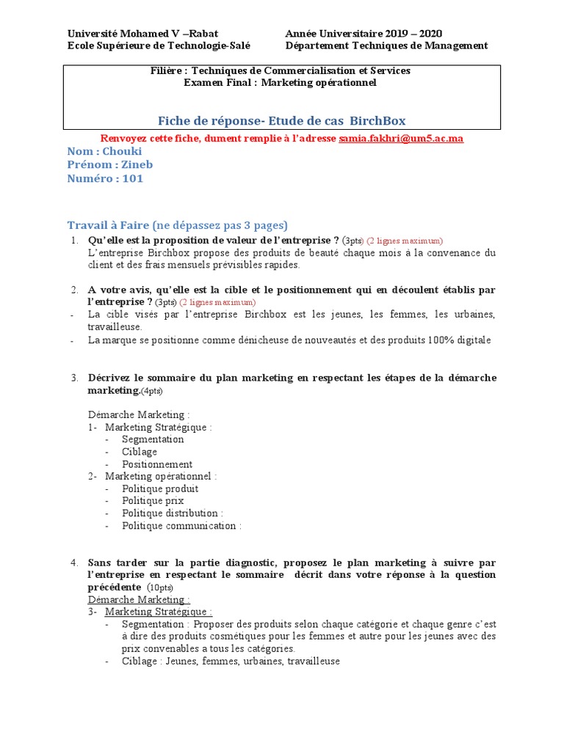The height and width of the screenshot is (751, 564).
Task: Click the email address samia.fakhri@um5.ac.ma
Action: coord(401,138)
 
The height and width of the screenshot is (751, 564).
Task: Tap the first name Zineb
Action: coord(137,164)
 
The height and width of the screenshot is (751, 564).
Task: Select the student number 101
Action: coord(133,178)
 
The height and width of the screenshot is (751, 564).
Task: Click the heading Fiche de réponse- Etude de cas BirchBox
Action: coord(282,120)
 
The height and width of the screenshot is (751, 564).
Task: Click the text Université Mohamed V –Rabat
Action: coord(142,33)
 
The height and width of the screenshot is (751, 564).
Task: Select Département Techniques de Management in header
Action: coord(386,45)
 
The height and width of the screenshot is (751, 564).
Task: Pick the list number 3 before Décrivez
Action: coord(75,378)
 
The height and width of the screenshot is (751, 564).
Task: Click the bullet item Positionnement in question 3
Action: coord(157,464)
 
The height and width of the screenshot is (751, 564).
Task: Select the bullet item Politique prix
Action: coord(153,501)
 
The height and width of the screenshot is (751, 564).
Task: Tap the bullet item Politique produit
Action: coord(160,488)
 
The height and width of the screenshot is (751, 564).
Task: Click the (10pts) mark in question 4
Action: coord(160,588)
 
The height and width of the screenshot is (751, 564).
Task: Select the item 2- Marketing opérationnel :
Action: coord(153,477)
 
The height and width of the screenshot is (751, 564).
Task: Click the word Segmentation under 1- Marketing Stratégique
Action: coord(153,439)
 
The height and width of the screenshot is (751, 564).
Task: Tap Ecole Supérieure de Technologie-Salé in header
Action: coord(159,45)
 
